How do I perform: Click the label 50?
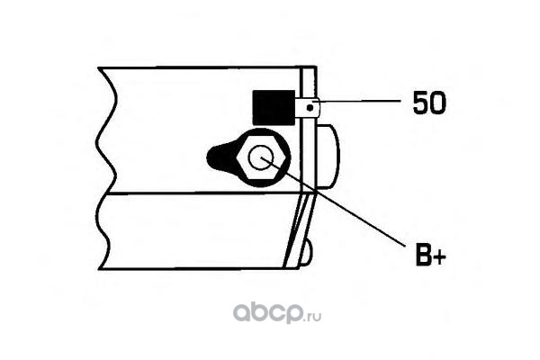[x=428, y=103]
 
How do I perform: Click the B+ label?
[x=429, y=257]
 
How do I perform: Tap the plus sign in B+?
[x=439, y=258]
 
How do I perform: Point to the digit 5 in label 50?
[x=419, y=103]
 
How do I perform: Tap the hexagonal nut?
[x=263, y=158]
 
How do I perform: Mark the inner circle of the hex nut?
[x=263, y=158]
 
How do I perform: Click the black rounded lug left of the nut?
[x=221, y=157]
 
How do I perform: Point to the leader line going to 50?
[x=360, y=104]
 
